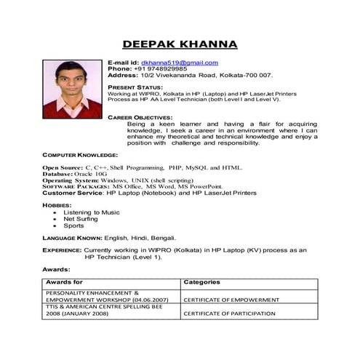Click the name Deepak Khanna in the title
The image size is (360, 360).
point(180,44)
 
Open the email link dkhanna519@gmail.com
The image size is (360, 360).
point(180,63)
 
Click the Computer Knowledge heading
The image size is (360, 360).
point(80,155)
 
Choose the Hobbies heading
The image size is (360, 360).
point(57,206)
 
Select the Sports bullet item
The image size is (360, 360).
point(74,225)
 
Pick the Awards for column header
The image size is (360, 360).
point(64,281)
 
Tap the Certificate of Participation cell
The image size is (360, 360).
point(229,313)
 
